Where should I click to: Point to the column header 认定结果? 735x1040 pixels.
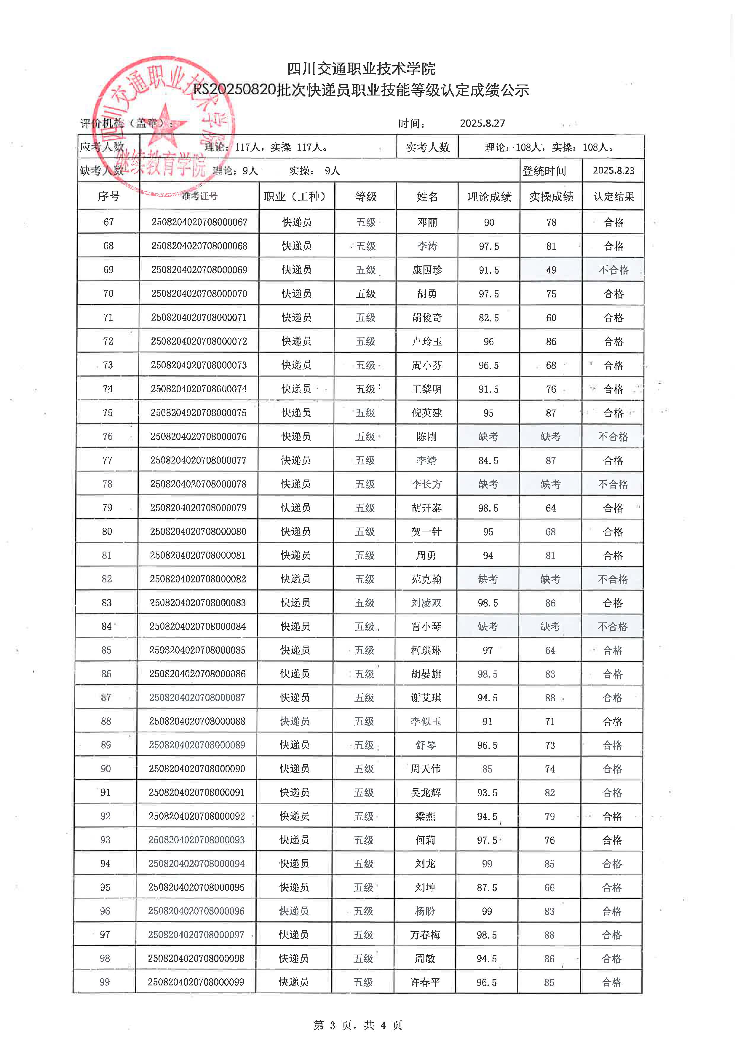click(613, 197)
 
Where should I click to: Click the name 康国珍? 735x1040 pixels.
click(427, 270)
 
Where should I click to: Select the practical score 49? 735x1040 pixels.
click(551, 270)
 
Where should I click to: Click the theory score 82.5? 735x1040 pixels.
click(488, 318)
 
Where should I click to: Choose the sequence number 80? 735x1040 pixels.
click(107, 531)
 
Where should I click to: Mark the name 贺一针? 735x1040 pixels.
click(426, 532)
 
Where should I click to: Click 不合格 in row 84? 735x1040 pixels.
click(612, 626)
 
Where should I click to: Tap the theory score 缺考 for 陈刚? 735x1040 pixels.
click(488, 437)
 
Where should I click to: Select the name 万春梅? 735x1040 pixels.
click(425, 934)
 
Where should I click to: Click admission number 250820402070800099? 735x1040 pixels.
click(196, 982)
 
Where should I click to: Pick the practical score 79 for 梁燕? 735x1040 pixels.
click(549, 816)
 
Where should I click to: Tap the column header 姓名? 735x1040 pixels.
click(427, 197)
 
